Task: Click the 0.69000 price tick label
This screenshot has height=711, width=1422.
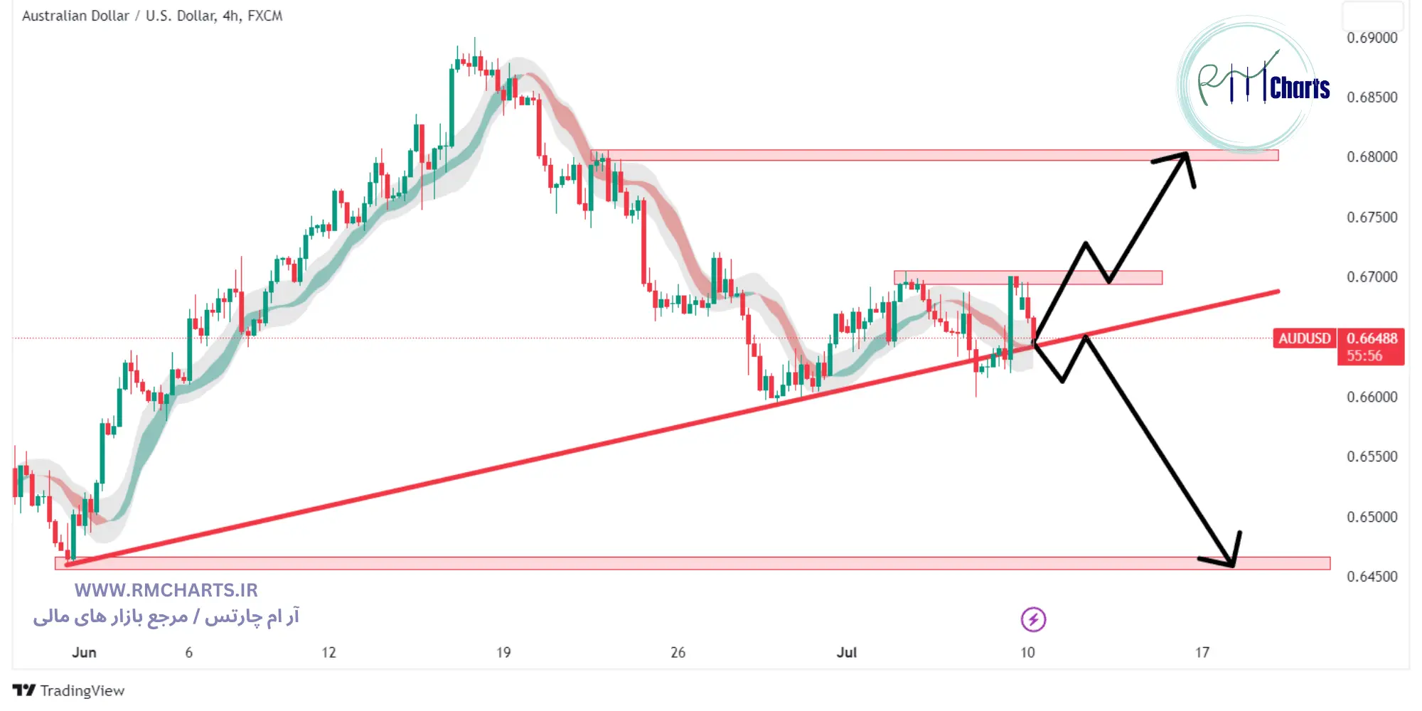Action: coord(1372,38)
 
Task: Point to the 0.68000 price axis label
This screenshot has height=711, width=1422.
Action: coord(1372,156)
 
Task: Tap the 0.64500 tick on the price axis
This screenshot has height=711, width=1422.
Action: coord(1372,577)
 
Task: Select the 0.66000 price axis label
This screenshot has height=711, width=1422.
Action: coord(1372,397)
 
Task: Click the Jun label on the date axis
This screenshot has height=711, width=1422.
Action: coord(84,652)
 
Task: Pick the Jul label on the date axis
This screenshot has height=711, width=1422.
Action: coord(846,652)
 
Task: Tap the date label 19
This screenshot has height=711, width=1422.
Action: coord(503,652)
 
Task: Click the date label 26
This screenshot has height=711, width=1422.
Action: coord(678,652)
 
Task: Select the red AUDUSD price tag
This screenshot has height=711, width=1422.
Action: coord(1304,338)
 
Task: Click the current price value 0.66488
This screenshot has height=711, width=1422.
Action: coord(1372,338)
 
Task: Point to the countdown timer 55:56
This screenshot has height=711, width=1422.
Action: coord(1364,355)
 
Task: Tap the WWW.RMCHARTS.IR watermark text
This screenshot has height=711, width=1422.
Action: coord(166,590)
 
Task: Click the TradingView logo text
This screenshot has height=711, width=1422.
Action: coord(82,690)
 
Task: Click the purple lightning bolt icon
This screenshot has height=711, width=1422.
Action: coord(1033,619)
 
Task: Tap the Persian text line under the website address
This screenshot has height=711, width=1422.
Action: coord(166,616)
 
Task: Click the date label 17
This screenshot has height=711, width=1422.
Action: coord(1202,652)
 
